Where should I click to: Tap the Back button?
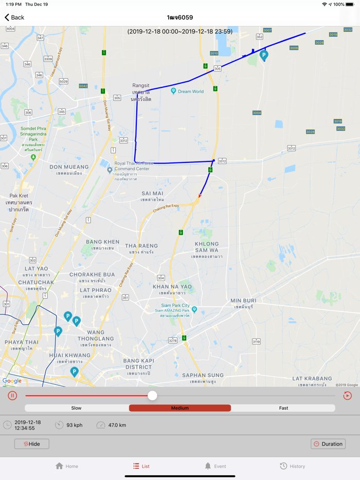[x=14, y=17]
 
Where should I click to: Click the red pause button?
[x=12, y=396]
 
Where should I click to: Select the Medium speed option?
[x=180, y=408]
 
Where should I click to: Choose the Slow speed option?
[x=77, y=408]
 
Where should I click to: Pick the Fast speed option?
[x=283, y=408]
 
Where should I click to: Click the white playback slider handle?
[x=152, y=396]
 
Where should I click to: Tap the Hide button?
[x=32, y=444]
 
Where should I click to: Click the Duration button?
[x=328, y=444]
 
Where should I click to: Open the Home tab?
[x=67, y=466]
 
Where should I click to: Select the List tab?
[x=141, y=466]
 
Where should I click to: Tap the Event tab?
[x=215, y=466]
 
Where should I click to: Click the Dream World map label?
[x=190, y=91]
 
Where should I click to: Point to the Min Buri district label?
[x=243, y=301]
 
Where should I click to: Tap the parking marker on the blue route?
[x=264, y=54]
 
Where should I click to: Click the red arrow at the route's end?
[x=200, y=195]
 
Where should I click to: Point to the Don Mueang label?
[x=69, y=167]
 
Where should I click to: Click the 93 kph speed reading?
[x=75, y=425]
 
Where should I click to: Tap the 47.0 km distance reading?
[x=117, y=425]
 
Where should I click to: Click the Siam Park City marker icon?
[x=194, y=310]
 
